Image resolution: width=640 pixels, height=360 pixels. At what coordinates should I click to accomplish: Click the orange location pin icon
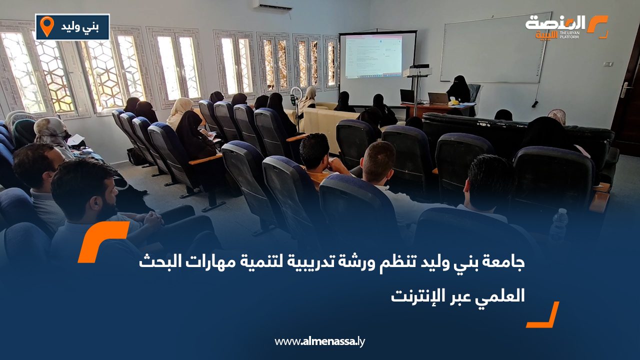[46, 26]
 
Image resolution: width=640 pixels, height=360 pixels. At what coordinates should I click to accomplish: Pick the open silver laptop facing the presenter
[438, 98]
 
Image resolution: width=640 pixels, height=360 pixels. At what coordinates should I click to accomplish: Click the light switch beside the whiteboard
[607, 64]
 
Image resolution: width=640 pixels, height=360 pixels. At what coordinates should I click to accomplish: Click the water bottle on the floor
[559, 225]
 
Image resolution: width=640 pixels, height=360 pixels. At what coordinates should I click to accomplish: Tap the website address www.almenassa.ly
[320, 341]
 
